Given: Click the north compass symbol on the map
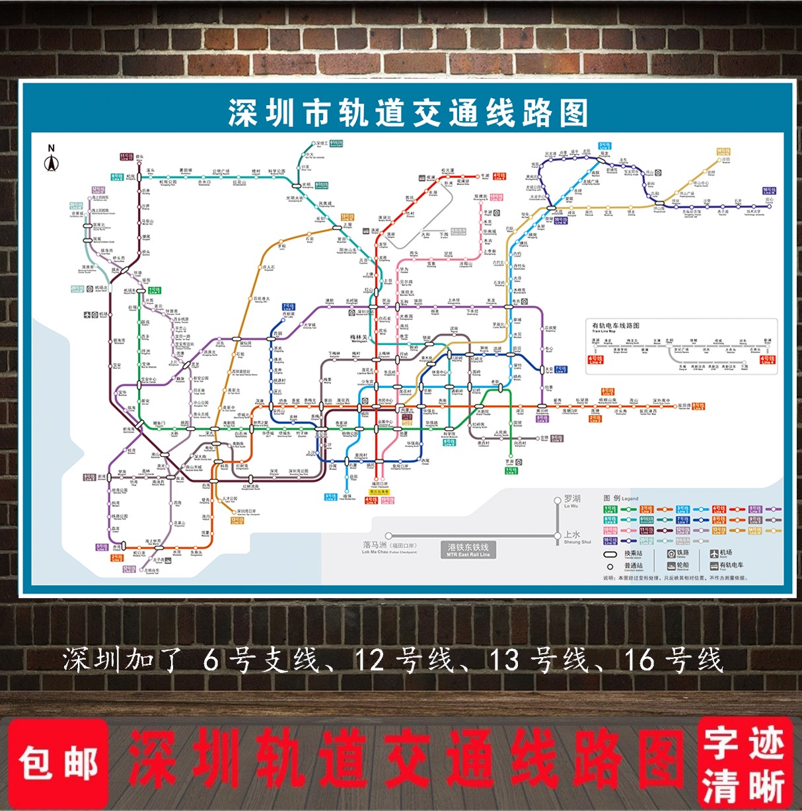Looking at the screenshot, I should pyautogui.click(x=52, y=159).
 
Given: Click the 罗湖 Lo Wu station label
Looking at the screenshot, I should pyautogui.click(x=572, y=500).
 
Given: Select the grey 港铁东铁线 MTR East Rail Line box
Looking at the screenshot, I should pyautogui.click(x=468, y=550).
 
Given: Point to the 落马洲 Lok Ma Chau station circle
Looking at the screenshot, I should pyautogui.click(x=388, y=536).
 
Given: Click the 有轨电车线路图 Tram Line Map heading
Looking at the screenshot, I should pyautogui.click(x=615, y=326).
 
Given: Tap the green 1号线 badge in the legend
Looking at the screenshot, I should pyautogui.click(x=610, y=510).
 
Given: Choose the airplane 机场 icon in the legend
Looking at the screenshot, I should pyautogui.click(x=714, y=553).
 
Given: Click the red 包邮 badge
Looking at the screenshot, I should pyautogui.click(x=58, y=763).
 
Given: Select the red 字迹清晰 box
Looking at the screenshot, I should pyautogui.click(x=744, y=763).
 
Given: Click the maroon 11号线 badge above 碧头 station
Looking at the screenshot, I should pyautogui.click(x=127, y=156).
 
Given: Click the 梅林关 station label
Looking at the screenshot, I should pyautogui.click(x=359, y=339).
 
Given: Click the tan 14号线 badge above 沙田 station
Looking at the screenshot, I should pyautogui.click(x=723, y=151).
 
